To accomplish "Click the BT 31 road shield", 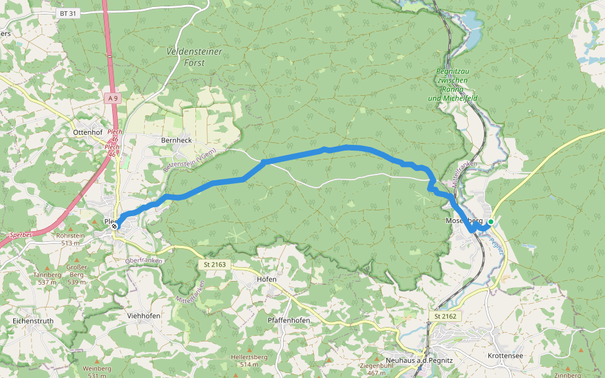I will point(69,13).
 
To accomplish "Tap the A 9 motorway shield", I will point(113,98).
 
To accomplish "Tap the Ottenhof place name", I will point(88,133).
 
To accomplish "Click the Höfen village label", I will point(267,278).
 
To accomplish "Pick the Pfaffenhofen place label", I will point(288,320).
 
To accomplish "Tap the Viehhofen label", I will point(144,316).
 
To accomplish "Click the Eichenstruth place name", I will point(33,321).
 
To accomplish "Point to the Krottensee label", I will point(505,356).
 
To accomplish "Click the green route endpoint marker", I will point(490,222).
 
